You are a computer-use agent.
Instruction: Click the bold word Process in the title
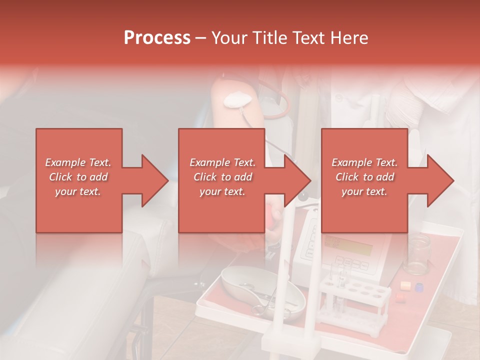pos(157,38)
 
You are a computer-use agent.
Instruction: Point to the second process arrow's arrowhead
pos(298,180)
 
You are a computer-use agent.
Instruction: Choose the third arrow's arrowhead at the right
pos(440,180)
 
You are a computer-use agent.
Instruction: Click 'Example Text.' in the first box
pos(78,162)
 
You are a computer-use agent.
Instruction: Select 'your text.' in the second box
pos(222,191)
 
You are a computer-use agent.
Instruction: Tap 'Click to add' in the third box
pos(364,177)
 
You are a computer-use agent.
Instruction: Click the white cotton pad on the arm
pos(236,100)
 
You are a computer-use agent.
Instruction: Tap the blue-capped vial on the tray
pos(419,287)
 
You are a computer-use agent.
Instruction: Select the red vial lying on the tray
pos(399,296)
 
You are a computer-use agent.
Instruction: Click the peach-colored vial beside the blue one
pos(405,285)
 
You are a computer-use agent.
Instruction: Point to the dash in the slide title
pos(201,38)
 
